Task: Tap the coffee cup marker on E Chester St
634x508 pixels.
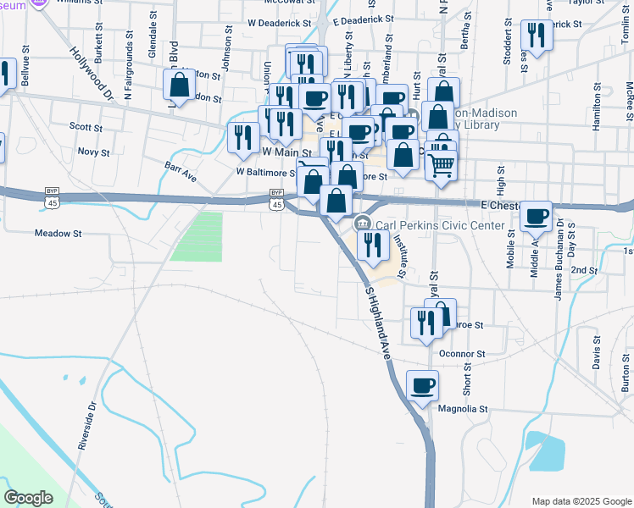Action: pos(536,217)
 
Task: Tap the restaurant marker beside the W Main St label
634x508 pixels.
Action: pos(244,137)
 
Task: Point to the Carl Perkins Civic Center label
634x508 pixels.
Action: pos(440,226)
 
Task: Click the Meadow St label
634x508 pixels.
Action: pos(58,233)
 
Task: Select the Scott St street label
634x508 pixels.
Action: pos(86,128)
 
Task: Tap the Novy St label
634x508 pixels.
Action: pos(93,153)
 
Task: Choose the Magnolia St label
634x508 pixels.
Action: pos(464,408)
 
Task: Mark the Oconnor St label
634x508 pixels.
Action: pos(461,354)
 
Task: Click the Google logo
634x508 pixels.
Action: pos(28,498)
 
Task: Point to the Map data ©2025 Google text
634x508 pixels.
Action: pos(581,500)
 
